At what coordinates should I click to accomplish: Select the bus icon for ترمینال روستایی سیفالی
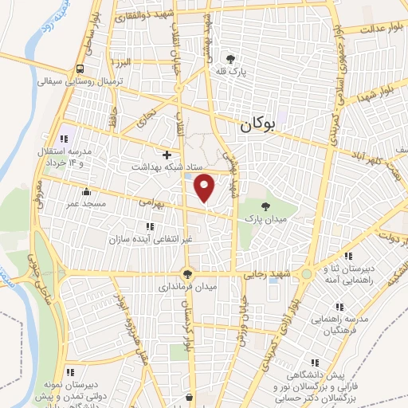(x=80, y=69)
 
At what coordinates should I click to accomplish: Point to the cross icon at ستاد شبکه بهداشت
(x=167, y=154)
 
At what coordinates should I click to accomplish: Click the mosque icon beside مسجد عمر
(x=86, y=192)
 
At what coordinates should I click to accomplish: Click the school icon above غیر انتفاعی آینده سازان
(x=150, y=226)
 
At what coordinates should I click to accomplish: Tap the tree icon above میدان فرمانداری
(x=187, y=273)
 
